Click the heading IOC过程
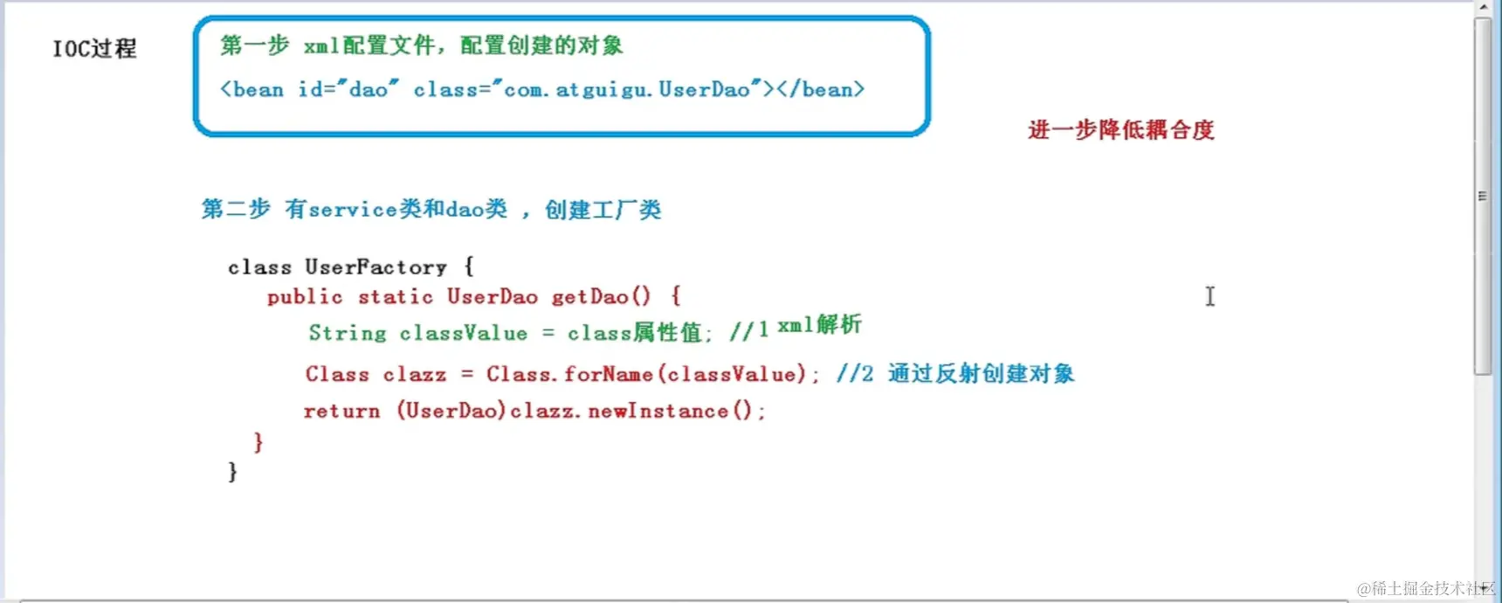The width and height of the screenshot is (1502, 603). (94, 48)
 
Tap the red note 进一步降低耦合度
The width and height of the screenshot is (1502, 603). (1120, 130)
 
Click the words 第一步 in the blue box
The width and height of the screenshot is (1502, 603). (254, 45)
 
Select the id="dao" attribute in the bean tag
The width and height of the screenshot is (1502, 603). (348, 89)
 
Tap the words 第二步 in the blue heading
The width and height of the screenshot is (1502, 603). (235, 209)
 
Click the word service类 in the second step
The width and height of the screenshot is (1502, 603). (365, 210)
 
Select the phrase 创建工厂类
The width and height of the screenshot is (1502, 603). (603, 210)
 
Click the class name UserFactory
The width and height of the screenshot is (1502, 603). (375, 267)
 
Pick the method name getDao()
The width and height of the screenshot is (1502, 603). (601, 297)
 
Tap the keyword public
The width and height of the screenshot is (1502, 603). (305, 297)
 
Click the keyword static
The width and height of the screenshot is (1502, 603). (396, 297)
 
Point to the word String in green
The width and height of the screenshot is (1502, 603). (348, 333)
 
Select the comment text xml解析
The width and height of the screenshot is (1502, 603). (819, 325)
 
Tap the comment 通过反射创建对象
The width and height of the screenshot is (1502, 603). (981, 374)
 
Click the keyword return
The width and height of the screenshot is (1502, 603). (341, 412)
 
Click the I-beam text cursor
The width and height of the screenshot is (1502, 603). (1210, 296)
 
